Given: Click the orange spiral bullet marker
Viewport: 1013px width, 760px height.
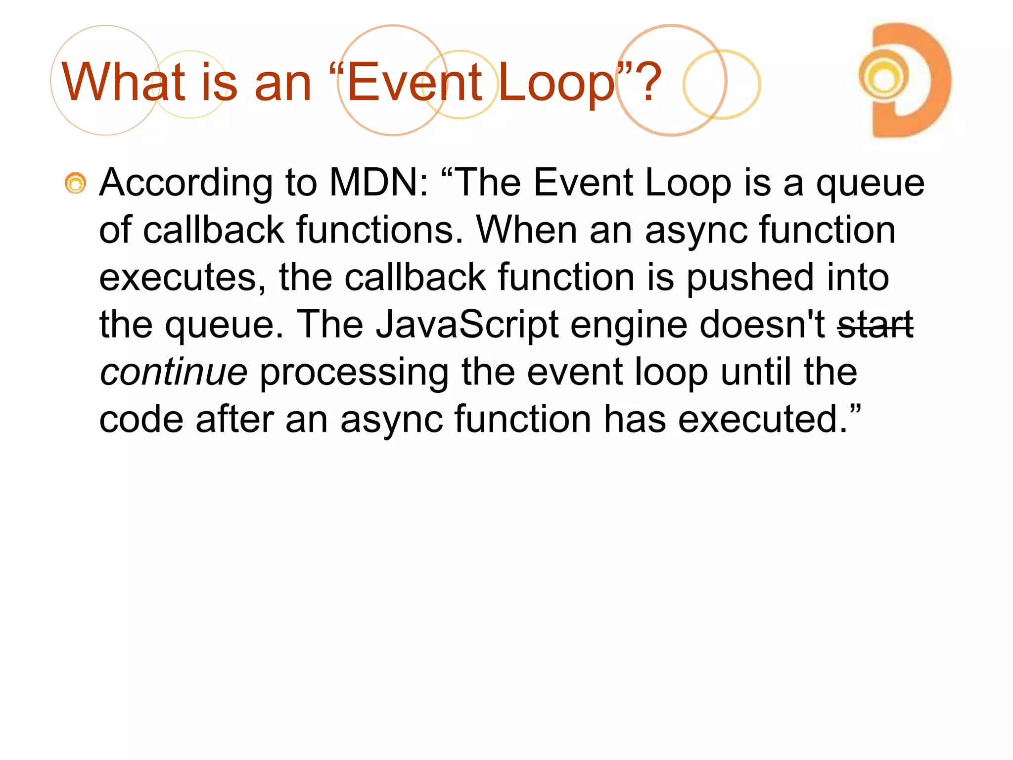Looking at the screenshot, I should coord(76,184).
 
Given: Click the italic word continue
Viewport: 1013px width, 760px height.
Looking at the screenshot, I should coord(173,372).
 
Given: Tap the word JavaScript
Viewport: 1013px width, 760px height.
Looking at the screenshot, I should coord(467,325).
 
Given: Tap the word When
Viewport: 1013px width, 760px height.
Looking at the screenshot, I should coord(526,231).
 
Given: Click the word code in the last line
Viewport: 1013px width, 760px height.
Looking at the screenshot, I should coord(141,420).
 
